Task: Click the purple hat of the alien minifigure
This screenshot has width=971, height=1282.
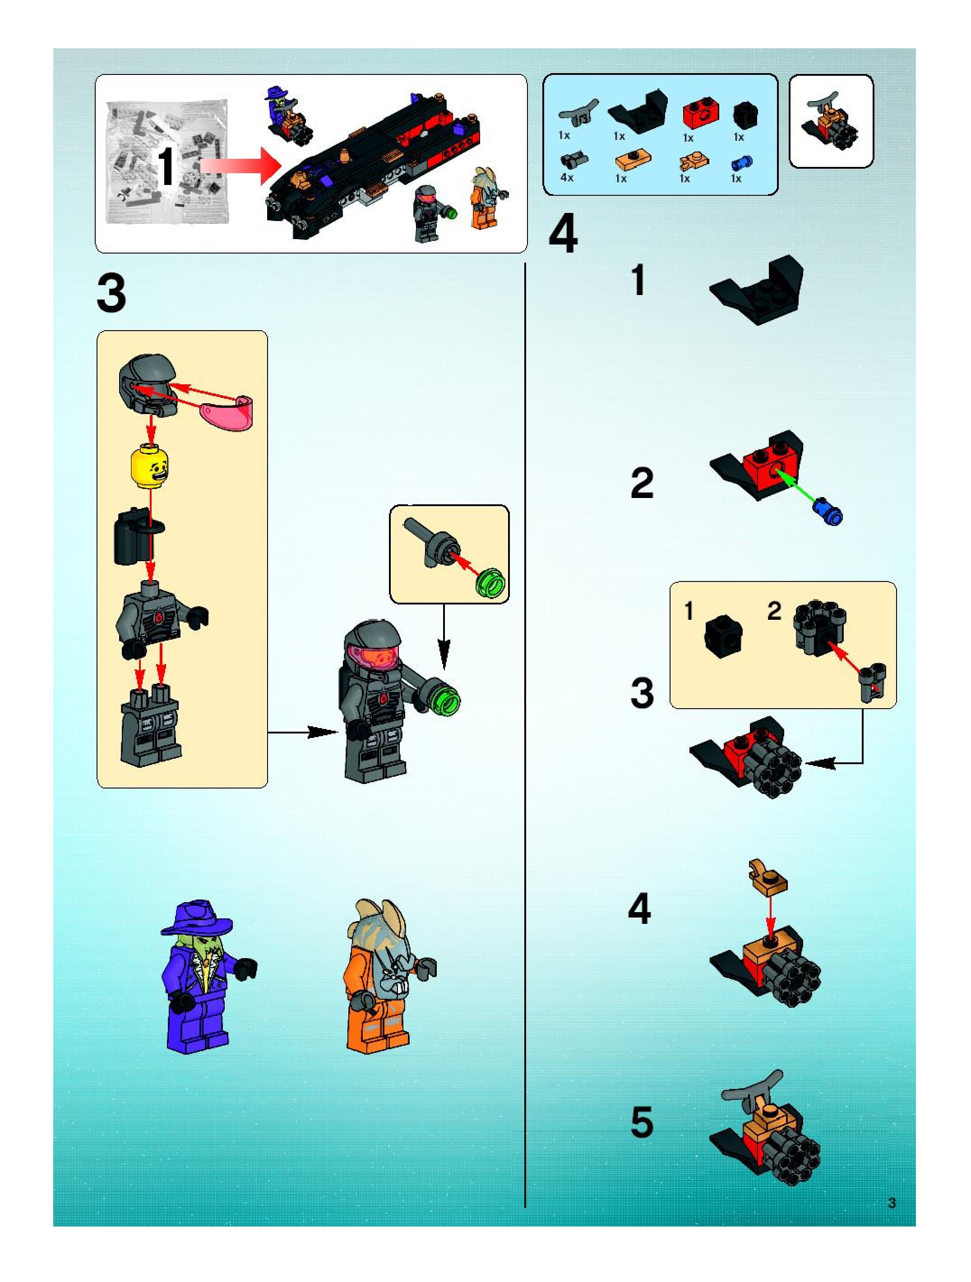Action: (x=197, y=918)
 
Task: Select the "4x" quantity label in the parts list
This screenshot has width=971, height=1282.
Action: (x=566, y=178)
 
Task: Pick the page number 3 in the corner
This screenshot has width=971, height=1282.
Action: (x=892, y=1203)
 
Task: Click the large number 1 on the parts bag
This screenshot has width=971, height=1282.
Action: (x=167, y=166)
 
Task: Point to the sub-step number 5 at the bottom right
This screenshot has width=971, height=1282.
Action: (x=641, y=1122)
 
